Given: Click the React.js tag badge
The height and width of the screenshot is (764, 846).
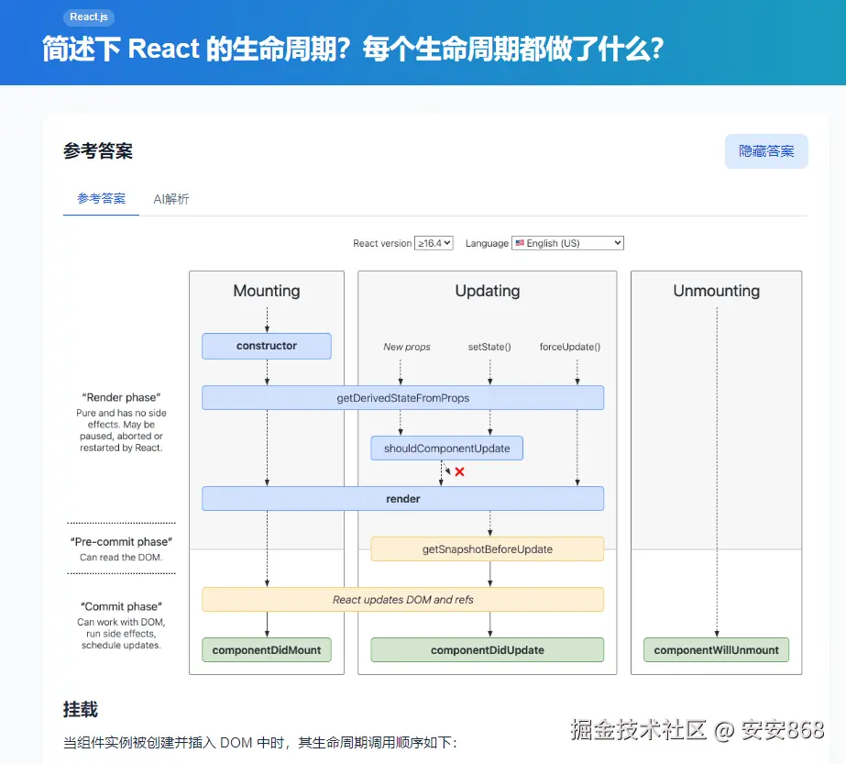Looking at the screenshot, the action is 89,17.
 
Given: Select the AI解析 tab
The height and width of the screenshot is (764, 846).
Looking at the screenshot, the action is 171,198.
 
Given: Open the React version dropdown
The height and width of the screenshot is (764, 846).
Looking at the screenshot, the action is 434,243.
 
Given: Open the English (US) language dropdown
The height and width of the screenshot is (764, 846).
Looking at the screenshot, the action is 567,243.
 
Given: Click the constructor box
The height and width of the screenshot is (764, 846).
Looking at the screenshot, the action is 267,346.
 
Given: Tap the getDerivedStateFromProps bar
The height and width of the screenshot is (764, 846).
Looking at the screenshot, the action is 402,397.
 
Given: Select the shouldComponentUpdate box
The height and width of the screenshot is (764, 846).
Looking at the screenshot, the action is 446,448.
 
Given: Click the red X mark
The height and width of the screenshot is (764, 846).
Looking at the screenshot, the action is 460,471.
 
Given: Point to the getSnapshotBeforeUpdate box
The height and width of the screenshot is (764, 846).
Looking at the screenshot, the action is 487,548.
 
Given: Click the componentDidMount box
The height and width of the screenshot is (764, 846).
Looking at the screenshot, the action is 267,649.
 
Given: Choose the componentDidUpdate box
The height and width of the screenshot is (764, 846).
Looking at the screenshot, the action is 487,649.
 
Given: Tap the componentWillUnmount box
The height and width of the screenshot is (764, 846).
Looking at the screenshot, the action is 716,649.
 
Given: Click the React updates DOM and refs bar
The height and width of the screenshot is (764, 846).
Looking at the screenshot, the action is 402,599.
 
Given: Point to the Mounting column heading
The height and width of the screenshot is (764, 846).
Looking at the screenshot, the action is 267,291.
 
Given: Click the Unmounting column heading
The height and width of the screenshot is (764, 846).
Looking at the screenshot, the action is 716,291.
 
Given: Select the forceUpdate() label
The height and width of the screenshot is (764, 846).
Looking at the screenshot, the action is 570,347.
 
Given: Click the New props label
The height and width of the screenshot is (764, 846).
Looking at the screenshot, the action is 406,347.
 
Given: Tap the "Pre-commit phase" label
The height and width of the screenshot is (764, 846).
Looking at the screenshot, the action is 121,542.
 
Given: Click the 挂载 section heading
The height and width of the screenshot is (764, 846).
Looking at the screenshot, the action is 81,709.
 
